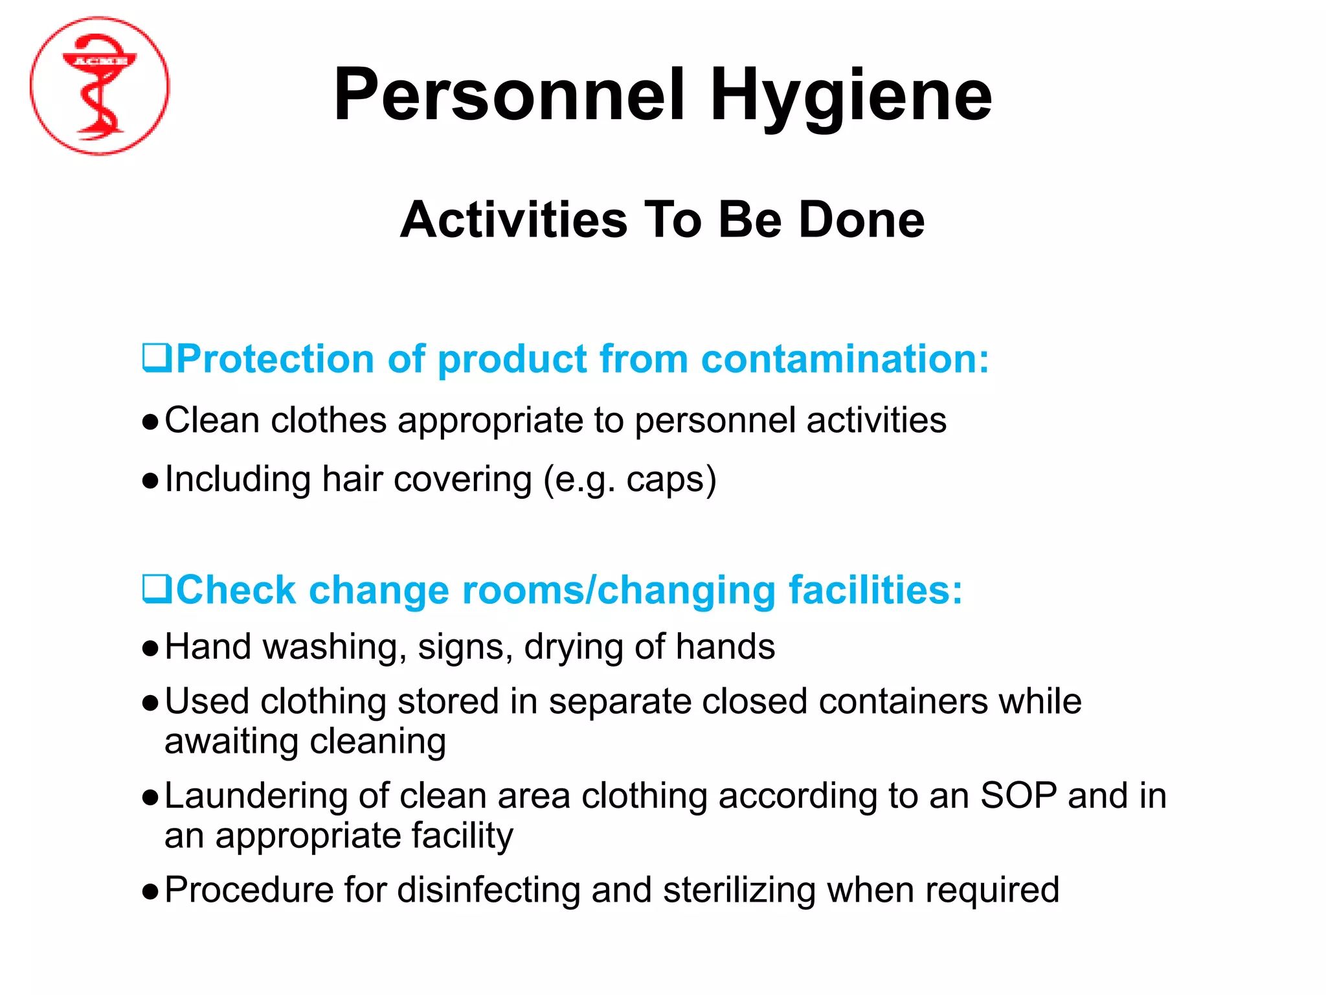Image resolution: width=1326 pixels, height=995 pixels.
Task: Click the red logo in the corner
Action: (100, 86)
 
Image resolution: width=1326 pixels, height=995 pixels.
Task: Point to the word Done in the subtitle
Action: (862, 220)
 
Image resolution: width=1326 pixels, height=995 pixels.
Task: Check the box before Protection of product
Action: (157, 358)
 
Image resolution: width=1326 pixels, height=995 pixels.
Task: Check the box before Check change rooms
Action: (157, 589)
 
